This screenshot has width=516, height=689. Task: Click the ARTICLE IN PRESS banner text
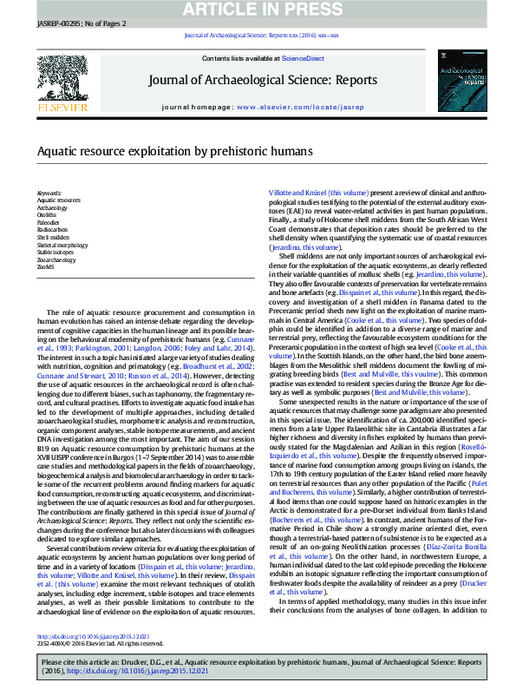point(258,10)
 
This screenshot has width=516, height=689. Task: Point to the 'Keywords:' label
point(49,193)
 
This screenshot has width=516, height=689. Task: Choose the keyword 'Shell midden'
point(53,236)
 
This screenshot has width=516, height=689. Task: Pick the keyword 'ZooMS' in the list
point(47,266)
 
